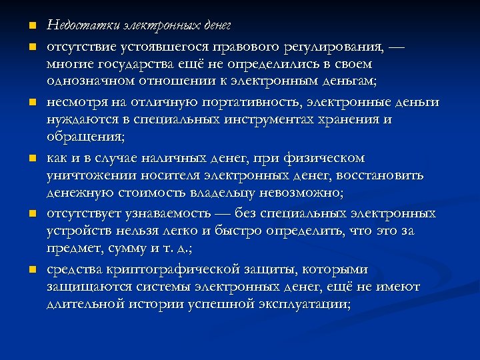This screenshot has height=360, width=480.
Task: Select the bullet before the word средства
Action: click(31, 270)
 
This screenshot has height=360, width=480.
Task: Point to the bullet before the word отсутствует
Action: click(31, 215)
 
